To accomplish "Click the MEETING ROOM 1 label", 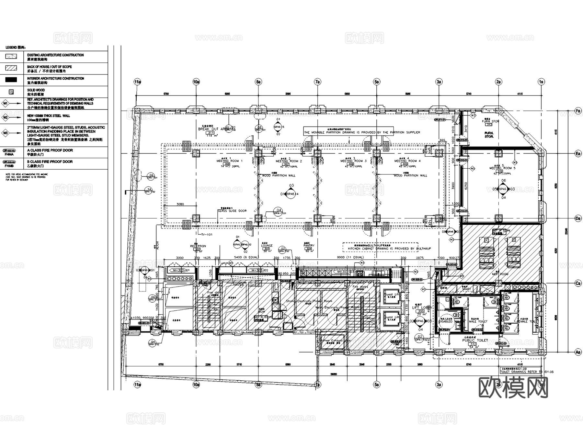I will [229, 161].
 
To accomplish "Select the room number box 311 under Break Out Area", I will [211, 133].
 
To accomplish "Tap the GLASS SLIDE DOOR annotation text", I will [232, 211].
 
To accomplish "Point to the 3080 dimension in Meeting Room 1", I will [180, 204].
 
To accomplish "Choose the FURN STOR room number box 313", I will [489, 125].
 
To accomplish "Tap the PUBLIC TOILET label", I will [475, 341].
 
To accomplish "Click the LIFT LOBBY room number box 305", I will [420, 311].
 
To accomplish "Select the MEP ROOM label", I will [500, 274].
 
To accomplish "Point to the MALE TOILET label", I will [478, 321].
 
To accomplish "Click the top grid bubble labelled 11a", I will [138, 82].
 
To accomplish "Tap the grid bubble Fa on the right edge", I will [578, 111].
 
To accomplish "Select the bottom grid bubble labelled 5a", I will [376, 385].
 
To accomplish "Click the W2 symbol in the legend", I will [6, 117].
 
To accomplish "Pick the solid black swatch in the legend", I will [11, 80].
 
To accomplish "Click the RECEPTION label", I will [198, 246].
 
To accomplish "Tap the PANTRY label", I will [309, 246].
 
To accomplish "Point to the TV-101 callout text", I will [207, 234].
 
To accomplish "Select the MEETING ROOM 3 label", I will [353, 161].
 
